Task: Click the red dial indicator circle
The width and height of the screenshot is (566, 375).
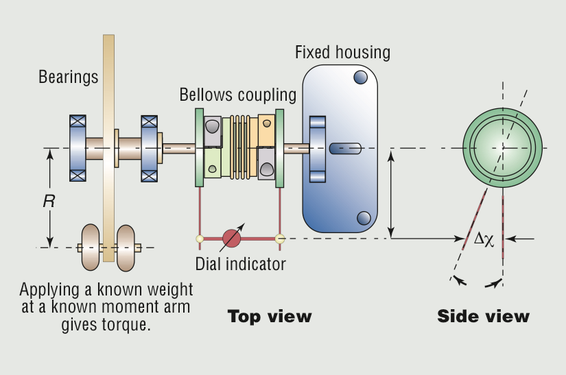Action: [x=232, y=239]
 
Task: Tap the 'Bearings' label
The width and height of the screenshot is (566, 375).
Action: [x=69, y=77]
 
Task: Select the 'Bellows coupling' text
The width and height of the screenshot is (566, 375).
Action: [x=238, y=95]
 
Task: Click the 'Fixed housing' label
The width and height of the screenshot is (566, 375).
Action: [x=342, y=52]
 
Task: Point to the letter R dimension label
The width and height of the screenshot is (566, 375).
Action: [x=49, y=202]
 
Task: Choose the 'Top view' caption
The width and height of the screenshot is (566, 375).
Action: [x=270, y=316]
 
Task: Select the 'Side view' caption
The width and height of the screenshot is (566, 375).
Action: [x=483, y=316]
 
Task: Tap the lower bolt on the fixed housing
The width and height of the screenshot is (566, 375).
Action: [x=364, y=218]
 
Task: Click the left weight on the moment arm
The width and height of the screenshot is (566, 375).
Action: [x=91, y=247]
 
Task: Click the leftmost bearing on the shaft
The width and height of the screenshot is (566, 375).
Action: [x=78, y=147]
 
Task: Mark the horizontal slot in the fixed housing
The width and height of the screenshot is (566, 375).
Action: [x=345, y=147]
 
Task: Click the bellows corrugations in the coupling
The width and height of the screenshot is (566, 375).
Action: [x=239, y=147]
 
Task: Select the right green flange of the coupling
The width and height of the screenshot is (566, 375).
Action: [x=279, y=147]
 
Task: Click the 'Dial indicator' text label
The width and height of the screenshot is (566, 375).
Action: [x=240, y=263]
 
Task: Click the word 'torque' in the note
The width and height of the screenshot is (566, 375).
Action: [x=127, y=324]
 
